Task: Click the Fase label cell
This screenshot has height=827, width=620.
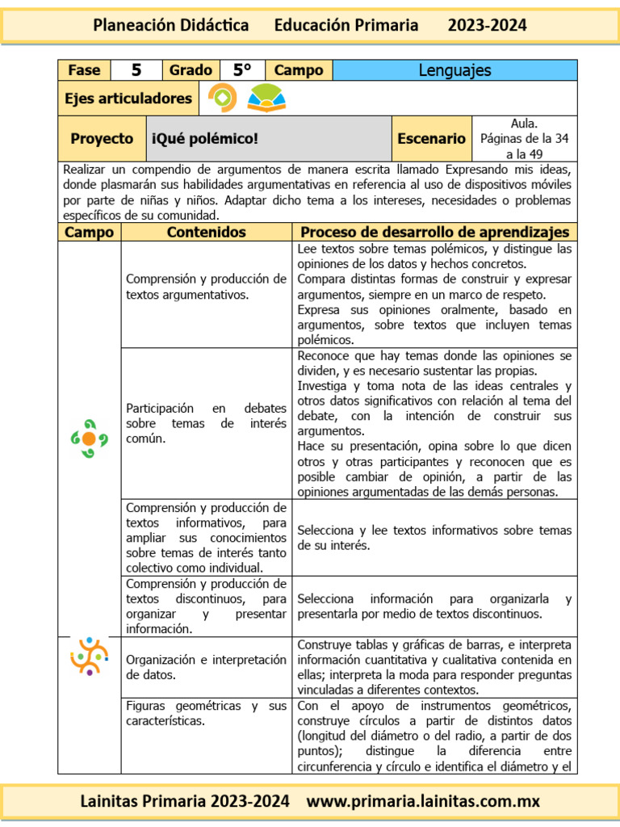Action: pos(84,70)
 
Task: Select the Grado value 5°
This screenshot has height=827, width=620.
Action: pos(242,70)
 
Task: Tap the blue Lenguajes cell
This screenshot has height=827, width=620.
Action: pos(455,70)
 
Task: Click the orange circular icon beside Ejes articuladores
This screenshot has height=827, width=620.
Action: pos(223,99)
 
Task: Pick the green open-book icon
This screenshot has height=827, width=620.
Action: pos(266,99)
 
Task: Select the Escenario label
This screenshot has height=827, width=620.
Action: pos(431,139)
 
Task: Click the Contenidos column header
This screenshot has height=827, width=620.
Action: pos(206,233)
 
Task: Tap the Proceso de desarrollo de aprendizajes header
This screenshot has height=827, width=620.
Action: pos(434,233)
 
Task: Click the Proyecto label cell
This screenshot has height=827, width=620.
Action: pos(102,139)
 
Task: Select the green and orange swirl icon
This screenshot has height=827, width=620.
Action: pos(89,439)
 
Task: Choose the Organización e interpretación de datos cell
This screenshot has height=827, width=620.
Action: pos(206,667)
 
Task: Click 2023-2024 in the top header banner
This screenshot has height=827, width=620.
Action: pos(487,25)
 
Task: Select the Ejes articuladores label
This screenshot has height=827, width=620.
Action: pos(128,99)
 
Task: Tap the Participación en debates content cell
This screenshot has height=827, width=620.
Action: pos(206,423)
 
